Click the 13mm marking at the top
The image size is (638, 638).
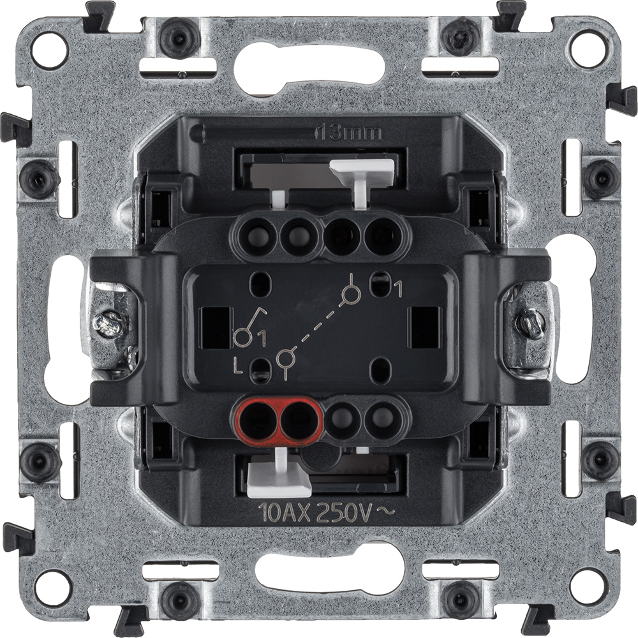(350, 133)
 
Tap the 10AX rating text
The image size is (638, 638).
(285, 514)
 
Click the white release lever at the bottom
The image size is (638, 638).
(280, 475)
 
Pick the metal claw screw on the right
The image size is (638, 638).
(530, 320)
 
